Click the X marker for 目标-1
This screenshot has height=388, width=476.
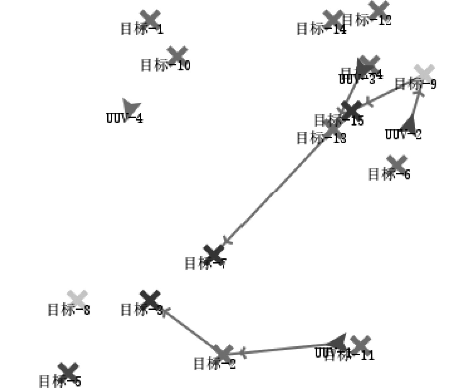pos(150,19)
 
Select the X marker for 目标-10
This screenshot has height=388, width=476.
pos(177,55)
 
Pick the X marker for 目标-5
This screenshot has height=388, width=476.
pos(68,372)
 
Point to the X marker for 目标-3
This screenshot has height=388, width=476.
pos(150,299)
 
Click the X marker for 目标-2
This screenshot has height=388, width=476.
pos(223,353)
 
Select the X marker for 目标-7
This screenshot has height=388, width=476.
pos(213,254)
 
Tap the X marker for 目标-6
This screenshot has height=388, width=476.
pos(397,164)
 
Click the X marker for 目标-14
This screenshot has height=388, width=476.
pos(333,19)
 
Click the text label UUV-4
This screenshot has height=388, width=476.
pos(124,118)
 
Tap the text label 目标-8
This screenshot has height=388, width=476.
pos(69,310)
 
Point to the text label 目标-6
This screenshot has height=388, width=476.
pos(389,174)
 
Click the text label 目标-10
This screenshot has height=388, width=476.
pos(165,65)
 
